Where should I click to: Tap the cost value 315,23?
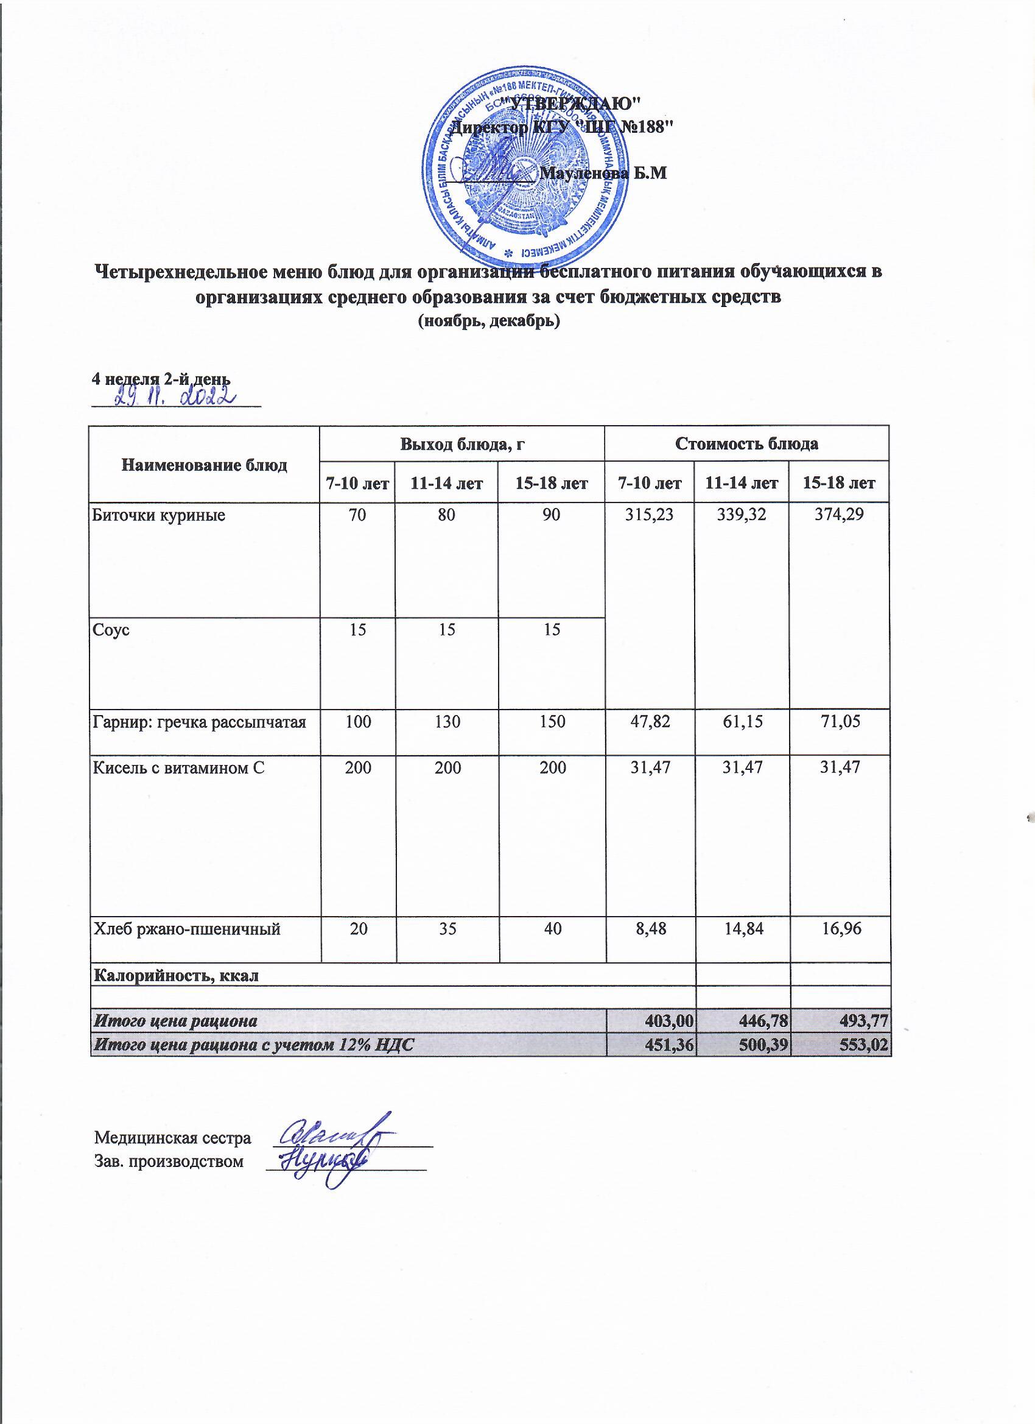650,516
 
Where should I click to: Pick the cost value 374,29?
839,516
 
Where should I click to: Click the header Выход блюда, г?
462,444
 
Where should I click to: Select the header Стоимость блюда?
746,444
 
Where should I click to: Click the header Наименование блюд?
204,465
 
